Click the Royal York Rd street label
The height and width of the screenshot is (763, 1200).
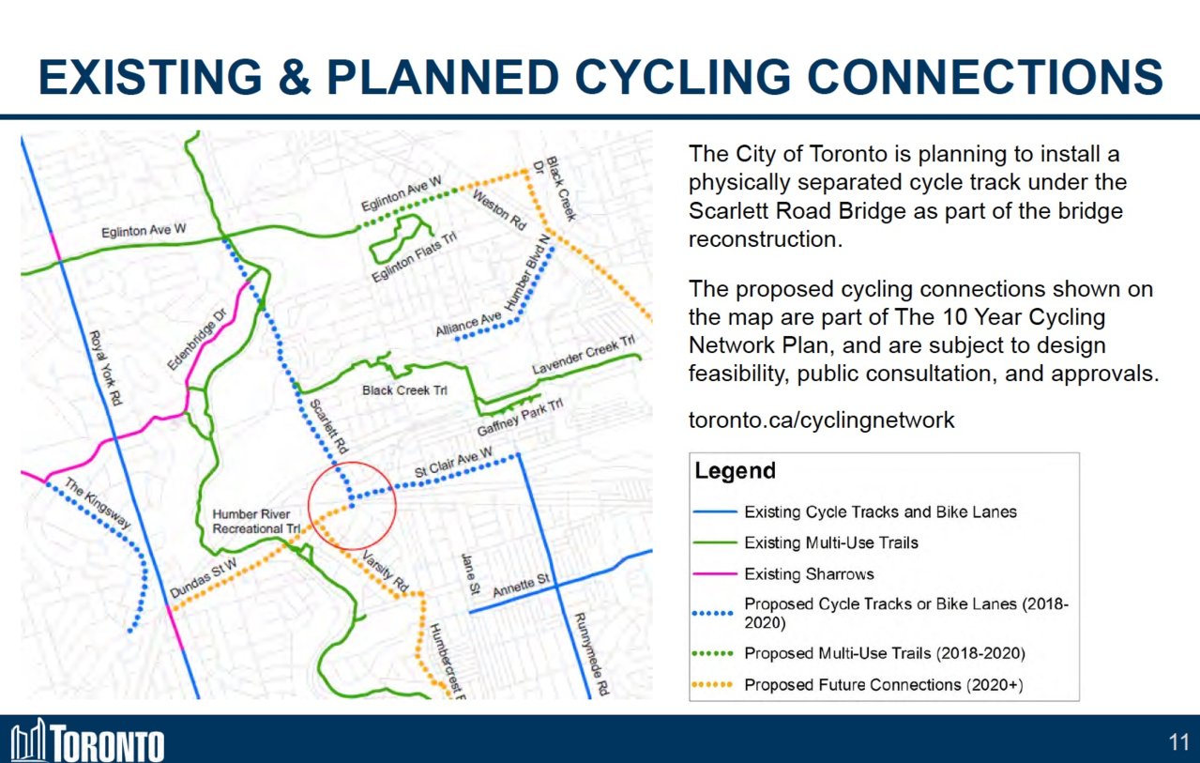(x=105, y=368)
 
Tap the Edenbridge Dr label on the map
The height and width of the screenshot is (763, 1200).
(x=197, y=340)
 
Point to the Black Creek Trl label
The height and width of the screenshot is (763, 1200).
(x=404, y=390)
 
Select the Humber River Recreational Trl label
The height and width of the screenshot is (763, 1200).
(x=256, y=522)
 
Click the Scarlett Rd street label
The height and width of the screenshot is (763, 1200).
(x=329, y=426)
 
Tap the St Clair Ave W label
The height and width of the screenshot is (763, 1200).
(x=453, y=463)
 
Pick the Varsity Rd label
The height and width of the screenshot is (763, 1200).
(x=386, y=572)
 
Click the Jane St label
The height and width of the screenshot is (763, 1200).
(x=469, y=574)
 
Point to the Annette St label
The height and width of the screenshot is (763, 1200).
(x=522, y=585)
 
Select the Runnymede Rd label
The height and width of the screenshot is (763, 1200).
(x=592, y=654)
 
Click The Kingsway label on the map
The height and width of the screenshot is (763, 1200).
(x=98, y=503)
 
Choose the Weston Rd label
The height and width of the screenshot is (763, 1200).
(x=499, y=210)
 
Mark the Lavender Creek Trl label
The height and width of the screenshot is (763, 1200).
(x=584, y=355)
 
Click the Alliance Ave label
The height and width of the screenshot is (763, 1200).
(x=468, y=324)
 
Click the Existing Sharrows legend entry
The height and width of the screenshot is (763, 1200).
(x=809, y=574)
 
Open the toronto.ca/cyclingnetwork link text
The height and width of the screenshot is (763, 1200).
(x=821, y=420)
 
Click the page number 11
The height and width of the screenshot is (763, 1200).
(x=1179, y=742)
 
